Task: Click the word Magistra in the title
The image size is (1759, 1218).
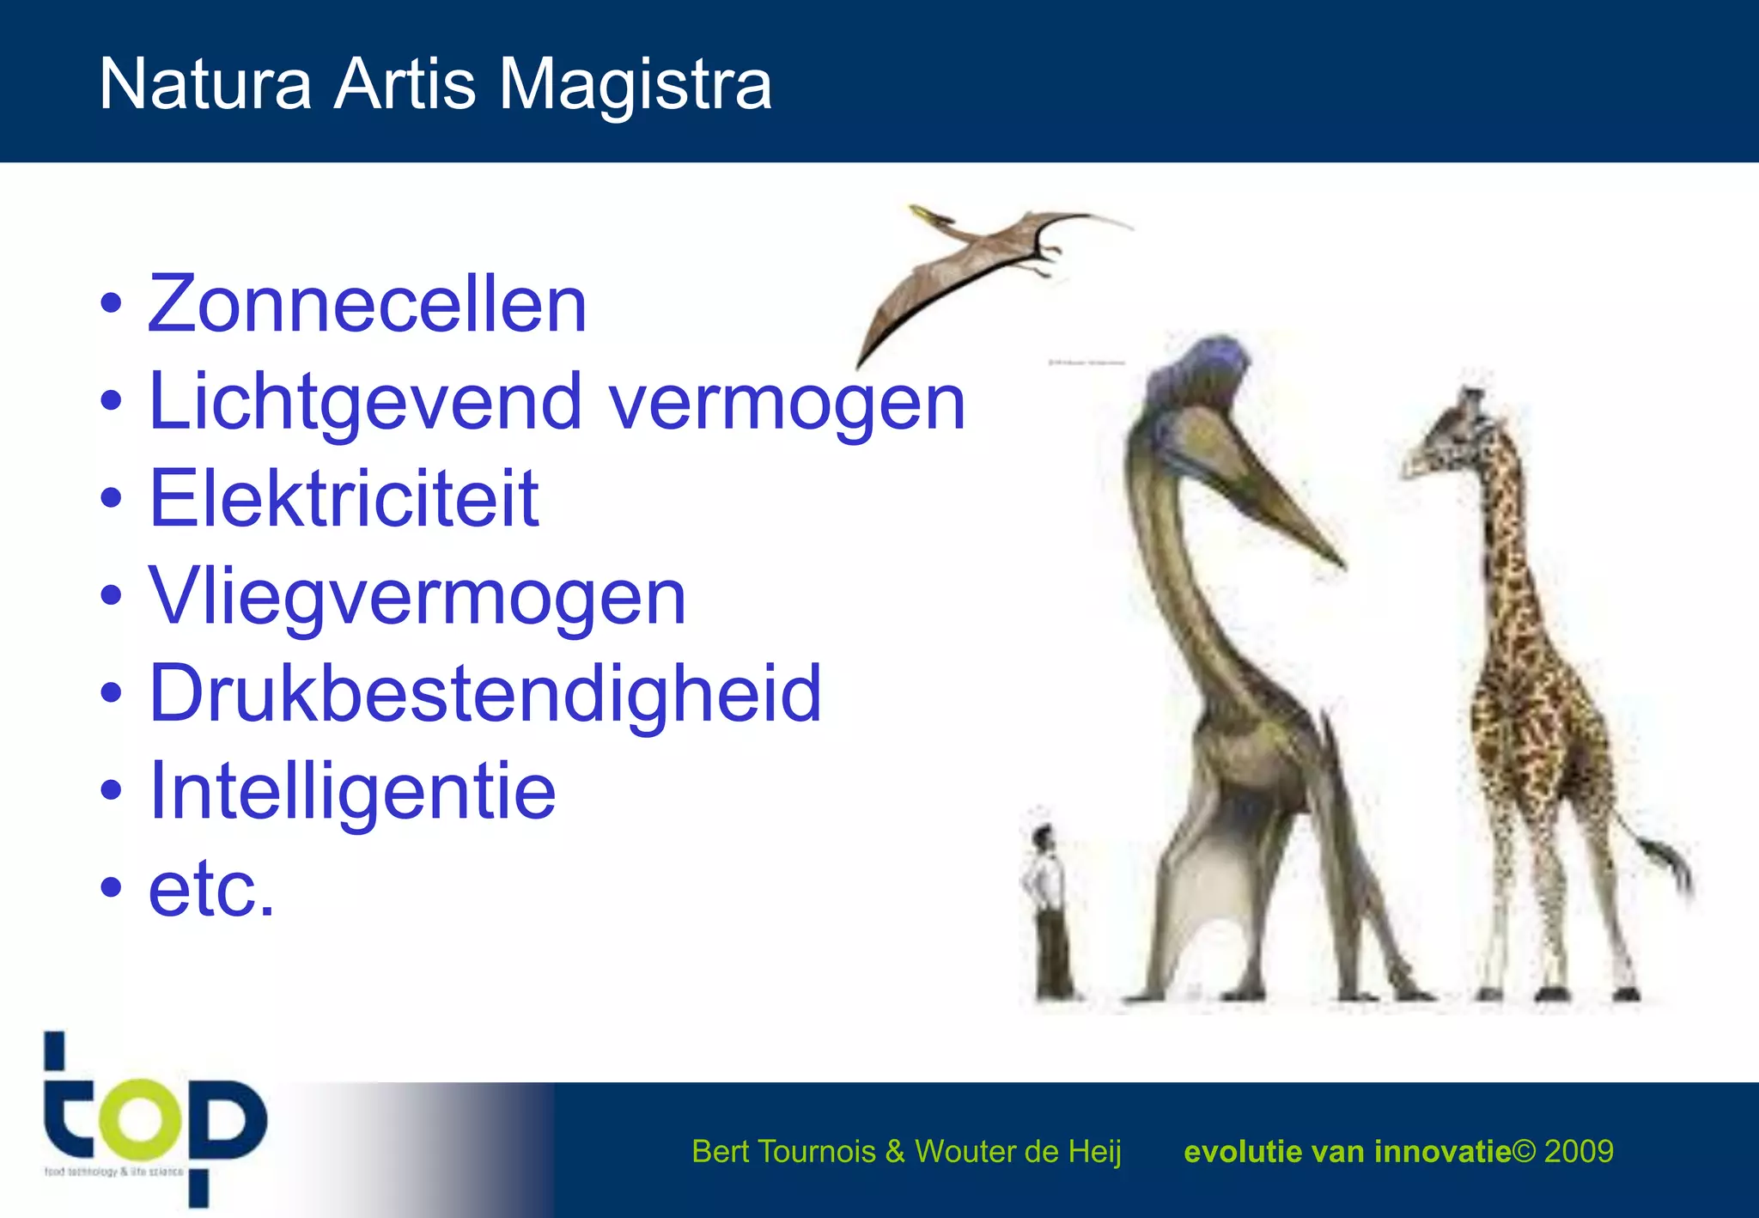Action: (x=635, y=84)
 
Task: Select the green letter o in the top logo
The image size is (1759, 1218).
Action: (x=141, y=1119)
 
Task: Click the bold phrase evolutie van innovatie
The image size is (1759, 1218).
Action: (x=1346, y=1151)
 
